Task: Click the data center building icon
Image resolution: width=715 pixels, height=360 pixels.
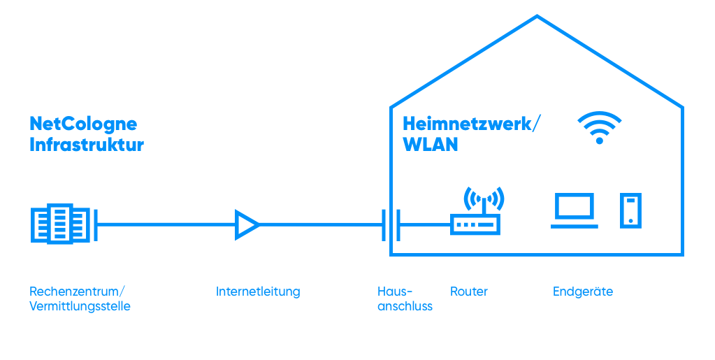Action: (62, 224)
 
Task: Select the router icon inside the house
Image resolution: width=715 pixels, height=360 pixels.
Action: (475, 224)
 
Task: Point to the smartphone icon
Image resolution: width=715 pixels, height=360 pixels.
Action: (630, 210)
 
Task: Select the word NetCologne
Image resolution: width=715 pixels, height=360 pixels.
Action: (83, 124)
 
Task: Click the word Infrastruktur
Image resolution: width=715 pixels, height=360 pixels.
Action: (86, 145)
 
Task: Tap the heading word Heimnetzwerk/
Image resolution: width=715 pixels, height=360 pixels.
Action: (472, 124)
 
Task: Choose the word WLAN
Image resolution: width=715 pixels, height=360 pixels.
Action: (431, 145)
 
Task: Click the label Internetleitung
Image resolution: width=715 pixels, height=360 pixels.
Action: (258, 291)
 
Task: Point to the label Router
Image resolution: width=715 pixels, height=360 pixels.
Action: (469, 291)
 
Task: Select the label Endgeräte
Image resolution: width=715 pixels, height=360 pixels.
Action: (583, 291)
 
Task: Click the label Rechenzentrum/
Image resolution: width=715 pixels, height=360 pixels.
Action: (78, 291)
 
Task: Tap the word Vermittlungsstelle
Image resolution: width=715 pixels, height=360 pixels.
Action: (80, 306)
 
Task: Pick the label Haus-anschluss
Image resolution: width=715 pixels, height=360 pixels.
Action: (405, 298)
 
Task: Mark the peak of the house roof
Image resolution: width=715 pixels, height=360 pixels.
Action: (537, 16)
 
